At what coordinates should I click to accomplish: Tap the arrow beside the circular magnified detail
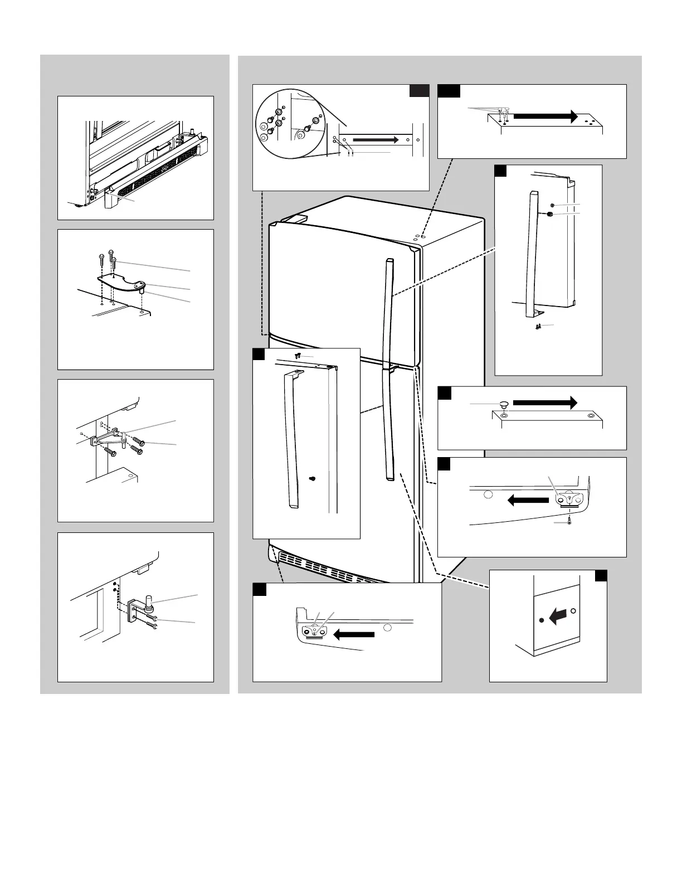376,139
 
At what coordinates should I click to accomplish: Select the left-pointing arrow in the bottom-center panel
353,634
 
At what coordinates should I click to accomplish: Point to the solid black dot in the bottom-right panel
541,620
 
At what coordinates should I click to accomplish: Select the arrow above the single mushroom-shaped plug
544,402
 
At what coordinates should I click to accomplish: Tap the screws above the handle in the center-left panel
297,355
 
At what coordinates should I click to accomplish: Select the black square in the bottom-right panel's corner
601,575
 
